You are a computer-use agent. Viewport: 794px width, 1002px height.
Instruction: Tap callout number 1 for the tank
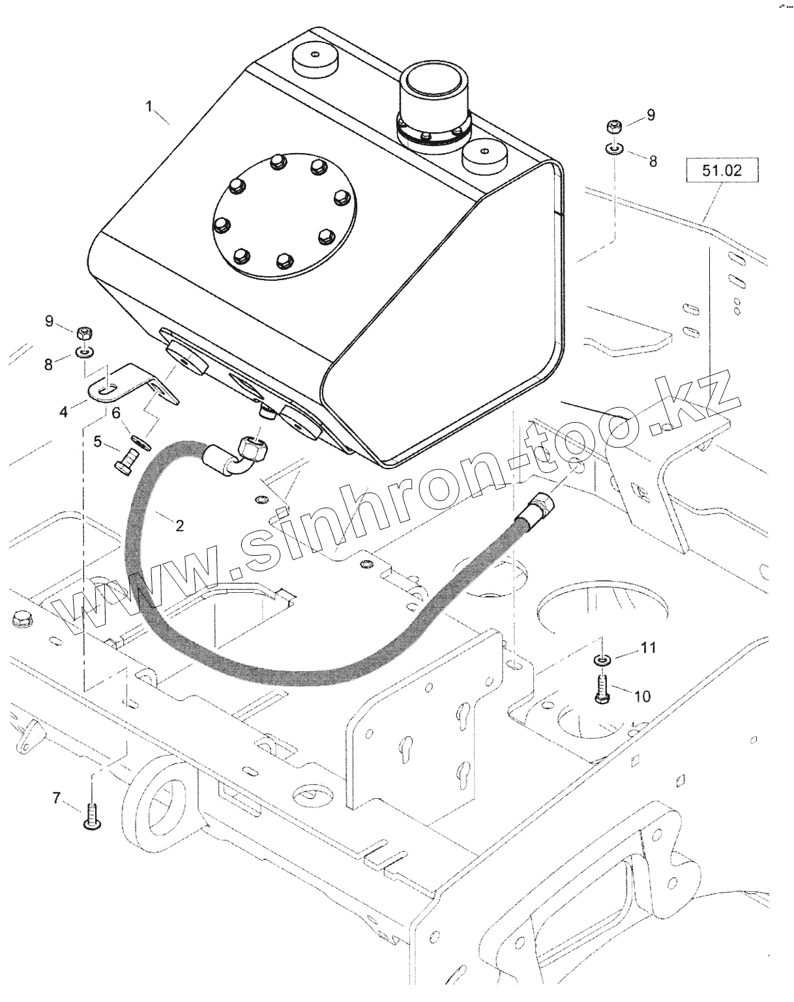pos(149,106)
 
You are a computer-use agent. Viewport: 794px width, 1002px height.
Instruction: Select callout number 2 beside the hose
pos(179,525)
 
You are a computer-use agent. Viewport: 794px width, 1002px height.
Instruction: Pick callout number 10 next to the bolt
pos(642,696)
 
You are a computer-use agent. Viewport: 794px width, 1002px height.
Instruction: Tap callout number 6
pos(116,412)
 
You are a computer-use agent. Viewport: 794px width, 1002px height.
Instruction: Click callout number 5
pos(98,442)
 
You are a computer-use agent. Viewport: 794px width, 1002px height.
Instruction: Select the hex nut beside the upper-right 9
pos(613,126)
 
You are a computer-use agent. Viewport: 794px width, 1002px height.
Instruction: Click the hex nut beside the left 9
pos(84,333)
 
